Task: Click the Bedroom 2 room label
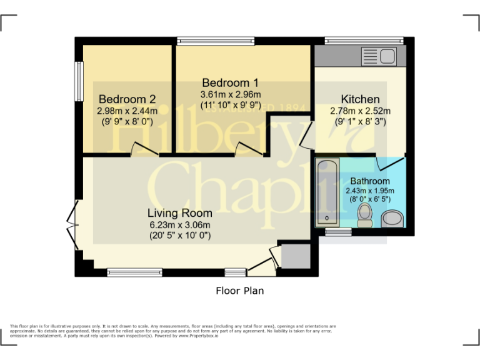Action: click(127, 99)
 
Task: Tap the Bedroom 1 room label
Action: click(230, 82)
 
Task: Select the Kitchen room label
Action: click(360, 99)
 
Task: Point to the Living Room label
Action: click(180, 212)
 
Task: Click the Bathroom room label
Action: click(370, 181)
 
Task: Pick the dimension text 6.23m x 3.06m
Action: click(180, 225)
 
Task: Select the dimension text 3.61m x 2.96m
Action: click(230, 94)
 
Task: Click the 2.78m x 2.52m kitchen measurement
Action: click(360, 111)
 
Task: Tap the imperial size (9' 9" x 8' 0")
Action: click(127, 122)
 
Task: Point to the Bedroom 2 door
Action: click(144, 148)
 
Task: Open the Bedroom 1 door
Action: click(249, 148)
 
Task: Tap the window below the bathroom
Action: click(339, 232)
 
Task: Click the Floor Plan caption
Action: click(240, 291)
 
